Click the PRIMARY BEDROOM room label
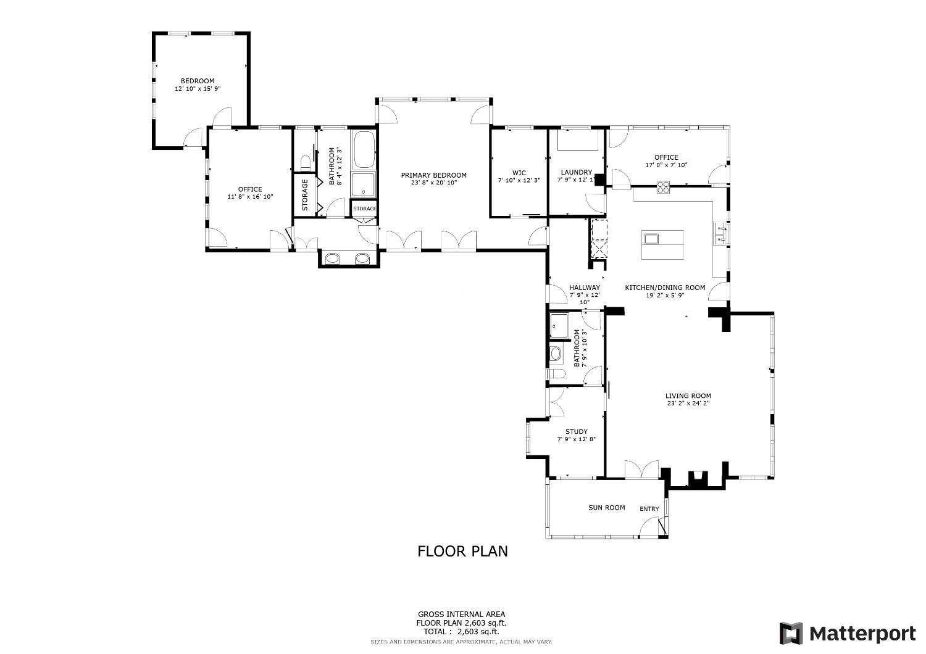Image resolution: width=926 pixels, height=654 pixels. (x=433, y=175)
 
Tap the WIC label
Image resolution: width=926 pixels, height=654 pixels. (x=519, y=173)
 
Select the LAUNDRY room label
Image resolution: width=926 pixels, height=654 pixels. (x=576, y=172)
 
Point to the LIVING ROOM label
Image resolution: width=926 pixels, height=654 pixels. (x=688, y=395)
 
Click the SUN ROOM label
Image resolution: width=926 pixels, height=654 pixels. (x=606, y=508)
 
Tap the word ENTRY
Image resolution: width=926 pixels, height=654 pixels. (x=649, y=509)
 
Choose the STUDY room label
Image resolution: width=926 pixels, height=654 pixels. (x=576, y=432)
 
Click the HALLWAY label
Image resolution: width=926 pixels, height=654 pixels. (x=585, y=288)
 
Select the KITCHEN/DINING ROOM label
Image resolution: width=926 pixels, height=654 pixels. (x=665, y=288)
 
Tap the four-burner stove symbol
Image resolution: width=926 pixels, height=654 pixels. (x=663, y=187)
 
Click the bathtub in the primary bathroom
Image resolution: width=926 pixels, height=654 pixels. (x=364, y=149)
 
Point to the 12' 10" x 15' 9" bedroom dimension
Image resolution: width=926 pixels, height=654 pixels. (x=198, y=88)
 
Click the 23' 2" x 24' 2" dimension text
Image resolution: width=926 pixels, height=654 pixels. (x=688, y=404)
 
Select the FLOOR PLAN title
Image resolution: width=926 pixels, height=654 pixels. (x=462, y=552)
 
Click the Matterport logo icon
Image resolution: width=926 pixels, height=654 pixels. (x=791, y=634)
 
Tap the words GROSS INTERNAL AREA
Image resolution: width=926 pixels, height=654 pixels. (x=461, y=615)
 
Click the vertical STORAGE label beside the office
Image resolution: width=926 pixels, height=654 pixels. (x=305, y=195)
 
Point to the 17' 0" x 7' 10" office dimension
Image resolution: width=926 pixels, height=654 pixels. (x=666, y=165)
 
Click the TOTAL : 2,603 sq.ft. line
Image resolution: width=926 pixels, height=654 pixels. (x=461, y=632)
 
